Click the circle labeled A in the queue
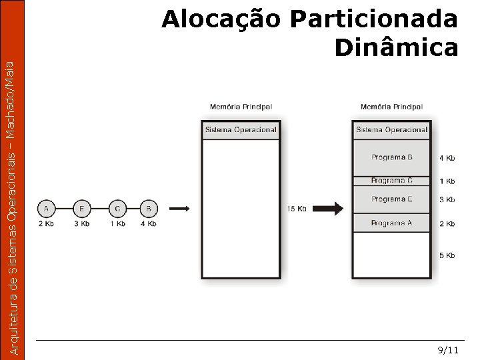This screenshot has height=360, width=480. click(46, 209)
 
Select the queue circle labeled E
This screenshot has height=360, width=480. click(81, 209)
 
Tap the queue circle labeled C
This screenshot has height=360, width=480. click(117, 209)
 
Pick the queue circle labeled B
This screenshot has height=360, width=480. click(149, 209)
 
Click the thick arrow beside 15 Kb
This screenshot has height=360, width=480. click(328, 209)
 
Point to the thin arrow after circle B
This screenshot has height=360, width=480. click(179, 209)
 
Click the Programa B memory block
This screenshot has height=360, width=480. click(392, 157)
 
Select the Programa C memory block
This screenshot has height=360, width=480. click(392, 181)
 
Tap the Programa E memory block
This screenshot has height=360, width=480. click(392, 199)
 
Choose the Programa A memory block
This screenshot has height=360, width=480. click(392, 223)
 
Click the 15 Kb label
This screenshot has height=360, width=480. click(297, 209)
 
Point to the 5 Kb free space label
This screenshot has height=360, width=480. click(447, 255)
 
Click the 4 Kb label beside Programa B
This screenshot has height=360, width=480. click(447, 158)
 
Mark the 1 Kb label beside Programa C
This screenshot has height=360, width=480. click(447, 181)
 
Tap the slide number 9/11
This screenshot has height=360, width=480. click(448, 350)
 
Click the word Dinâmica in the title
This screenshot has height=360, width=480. click(396, 48)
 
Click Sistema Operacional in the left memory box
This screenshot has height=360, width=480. click(241, 130)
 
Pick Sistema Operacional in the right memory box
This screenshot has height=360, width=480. click(392, 130)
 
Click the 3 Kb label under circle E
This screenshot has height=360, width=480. click(81, 223)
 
